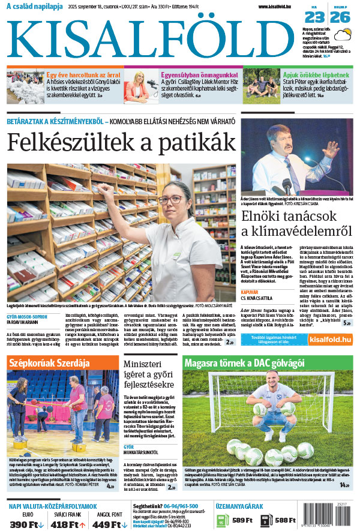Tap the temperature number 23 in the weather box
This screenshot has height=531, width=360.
319,18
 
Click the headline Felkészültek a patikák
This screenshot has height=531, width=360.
121,142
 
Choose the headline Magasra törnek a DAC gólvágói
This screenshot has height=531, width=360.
244,363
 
